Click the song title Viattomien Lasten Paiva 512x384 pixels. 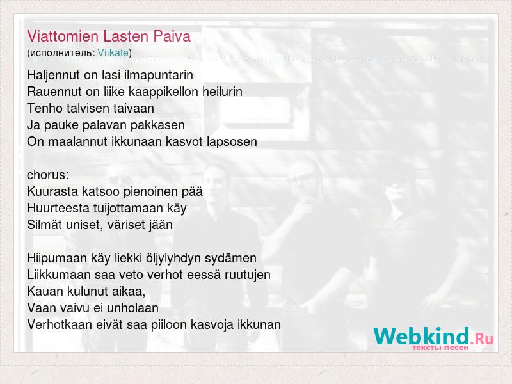coord(109,36)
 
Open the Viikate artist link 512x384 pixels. coord(113,52)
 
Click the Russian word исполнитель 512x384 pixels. coord(61,53)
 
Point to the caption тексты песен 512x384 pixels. coord(440,348)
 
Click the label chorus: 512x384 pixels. coord(48,175)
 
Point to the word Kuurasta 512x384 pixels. coord(52,191)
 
